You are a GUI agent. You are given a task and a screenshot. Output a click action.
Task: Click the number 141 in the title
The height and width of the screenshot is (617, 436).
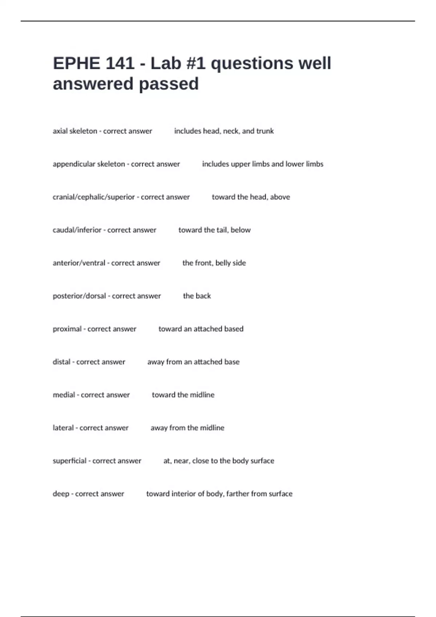[x=120, y=64]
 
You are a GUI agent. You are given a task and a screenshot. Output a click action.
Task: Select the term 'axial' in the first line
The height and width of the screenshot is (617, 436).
[x=60, y=131]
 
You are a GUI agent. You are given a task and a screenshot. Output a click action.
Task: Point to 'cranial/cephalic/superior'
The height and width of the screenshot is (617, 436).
[x=94, y=197]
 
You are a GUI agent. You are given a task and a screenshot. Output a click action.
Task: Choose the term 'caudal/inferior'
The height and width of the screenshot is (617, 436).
[x=77, y=230]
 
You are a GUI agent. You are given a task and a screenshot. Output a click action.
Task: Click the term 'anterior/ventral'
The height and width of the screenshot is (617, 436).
[x=79, y=263]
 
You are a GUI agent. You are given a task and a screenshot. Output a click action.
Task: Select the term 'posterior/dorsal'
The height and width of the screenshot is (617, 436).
[x=79, y=296]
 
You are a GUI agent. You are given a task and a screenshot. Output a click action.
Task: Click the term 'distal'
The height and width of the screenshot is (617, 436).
[x=61, y=362]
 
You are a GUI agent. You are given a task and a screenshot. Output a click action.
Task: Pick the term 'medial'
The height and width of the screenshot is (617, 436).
[x=64, y=395]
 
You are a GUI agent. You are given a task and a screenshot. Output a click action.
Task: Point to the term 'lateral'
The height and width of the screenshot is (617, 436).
[x=63, y=428]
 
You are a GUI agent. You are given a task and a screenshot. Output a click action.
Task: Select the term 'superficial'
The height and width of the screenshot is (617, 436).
[x=69, y=461]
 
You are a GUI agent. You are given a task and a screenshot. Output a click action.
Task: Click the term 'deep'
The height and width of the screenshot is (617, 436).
[x=61, y=494]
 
